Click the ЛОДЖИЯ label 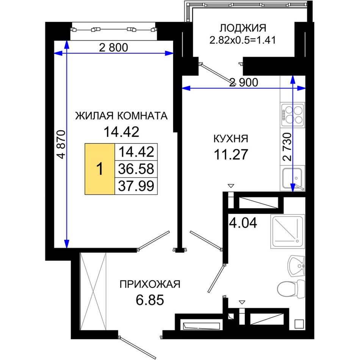[x=243, y=28]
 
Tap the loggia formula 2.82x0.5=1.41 [x=243, y=40]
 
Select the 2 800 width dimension [x=113, y=47]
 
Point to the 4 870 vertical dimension [x=61, y=144]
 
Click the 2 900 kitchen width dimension [x=244, y=82]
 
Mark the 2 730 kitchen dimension [x=287, y=147]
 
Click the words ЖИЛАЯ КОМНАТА [x=122, y=116]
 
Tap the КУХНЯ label [x=231, y=139]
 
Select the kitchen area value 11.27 [x=231, y=154]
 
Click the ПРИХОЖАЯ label [x=150, y=284]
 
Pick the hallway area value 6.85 [x=150, y=300]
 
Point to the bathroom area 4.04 [x=243, y=223]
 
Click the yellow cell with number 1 [x=100, y=169]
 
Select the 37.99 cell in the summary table [x=136, y=186]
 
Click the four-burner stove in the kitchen [x=293, y=115]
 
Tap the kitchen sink [x=293, y=178]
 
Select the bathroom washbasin [x=296, y=266]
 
